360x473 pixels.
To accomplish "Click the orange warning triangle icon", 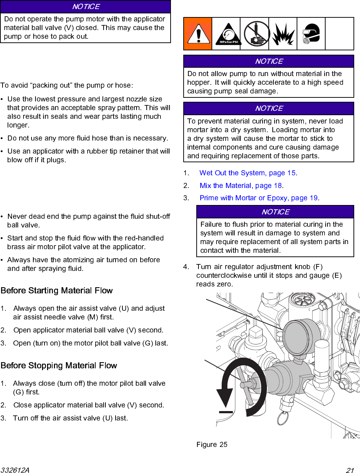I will pyautogui.click(x=198, y=34).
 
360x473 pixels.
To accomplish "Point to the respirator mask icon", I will pyautogui.click(x=311, y=34).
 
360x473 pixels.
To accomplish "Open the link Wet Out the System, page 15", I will pyautogui.click(x=248, y=173).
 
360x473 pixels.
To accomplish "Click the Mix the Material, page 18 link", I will pyautogui.click(x=241, y=186).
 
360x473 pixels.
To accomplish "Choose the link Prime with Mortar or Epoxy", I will pyautogui.click(x=259, y=198).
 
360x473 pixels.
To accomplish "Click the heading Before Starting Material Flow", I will pyautogui.click(x=56, y=290).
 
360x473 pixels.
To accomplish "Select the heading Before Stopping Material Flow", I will pyautogui.click(x=59, y=365).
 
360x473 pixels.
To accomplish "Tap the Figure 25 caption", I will pyautogui.click(x=212, y=444).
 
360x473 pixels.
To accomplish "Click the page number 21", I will pyautogui.click(x=349, y=470).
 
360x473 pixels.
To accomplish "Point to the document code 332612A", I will pyautogui.click(x=15, y=470).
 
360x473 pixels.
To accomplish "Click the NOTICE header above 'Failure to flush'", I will pyautogui.click(x=275, y=212).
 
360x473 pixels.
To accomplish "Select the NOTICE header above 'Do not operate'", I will pyautogui.click(x=85, y=7).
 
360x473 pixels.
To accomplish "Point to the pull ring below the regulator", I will pyautogui.click(x=282, y=418).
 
